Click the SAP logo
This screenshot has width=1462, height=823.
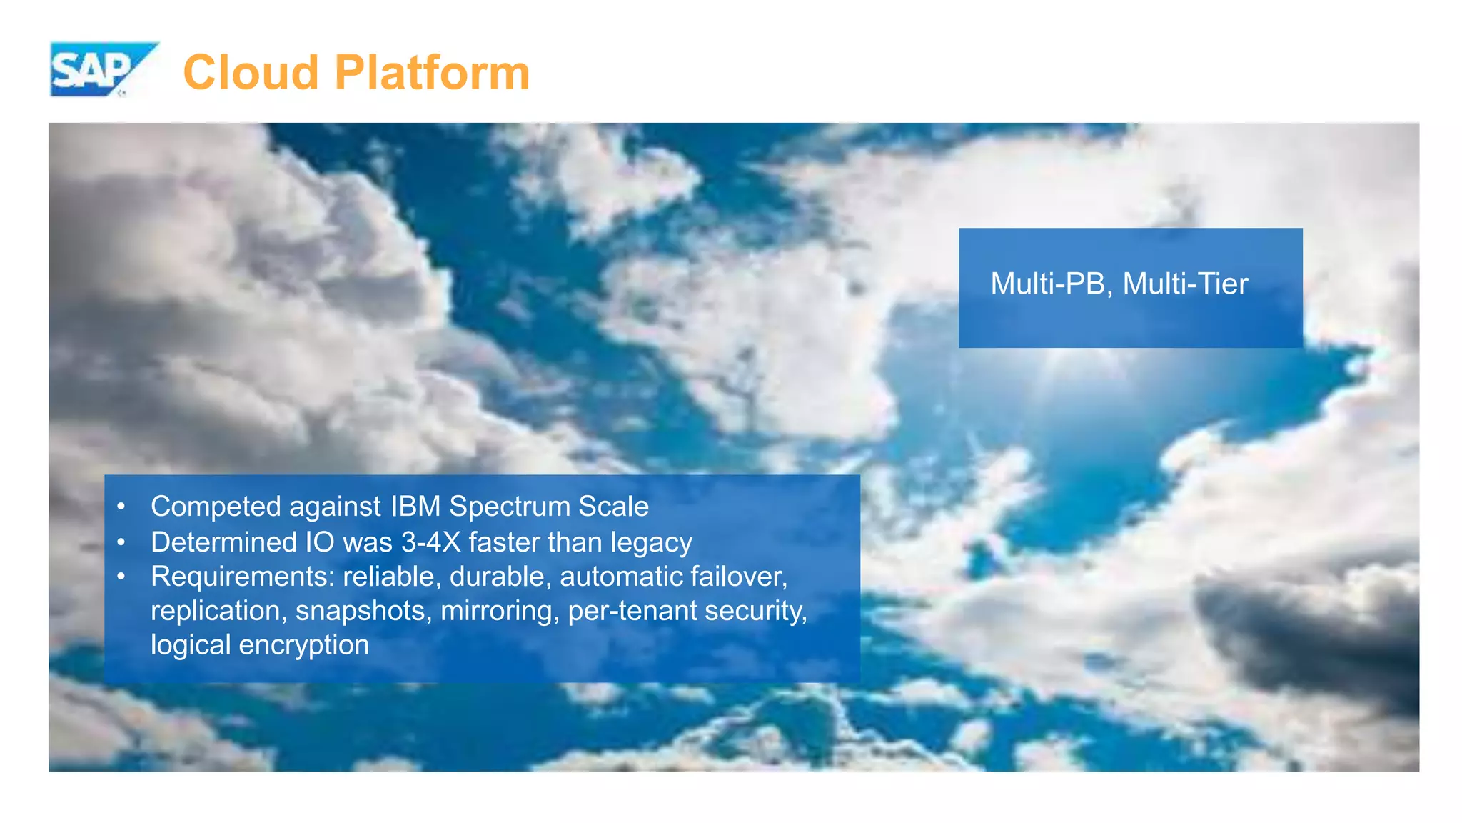point(100,69)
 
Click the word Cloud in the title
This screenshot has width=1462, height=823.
point(251,73)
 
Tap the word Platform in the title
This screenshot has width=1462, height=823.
point(432,73)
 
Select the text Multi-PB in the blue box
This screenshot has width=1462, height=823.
point(1048,284)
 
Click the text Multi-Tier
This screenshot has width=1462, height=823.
point(1185,284)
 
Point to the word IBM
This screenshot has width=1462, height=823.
point(415,507)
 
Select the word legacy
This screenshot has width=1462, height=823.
point(651,543)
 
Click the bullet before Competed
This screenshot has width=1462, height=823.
point(121,507)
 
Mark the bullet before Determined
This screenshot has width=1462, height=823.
point(121,542)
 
